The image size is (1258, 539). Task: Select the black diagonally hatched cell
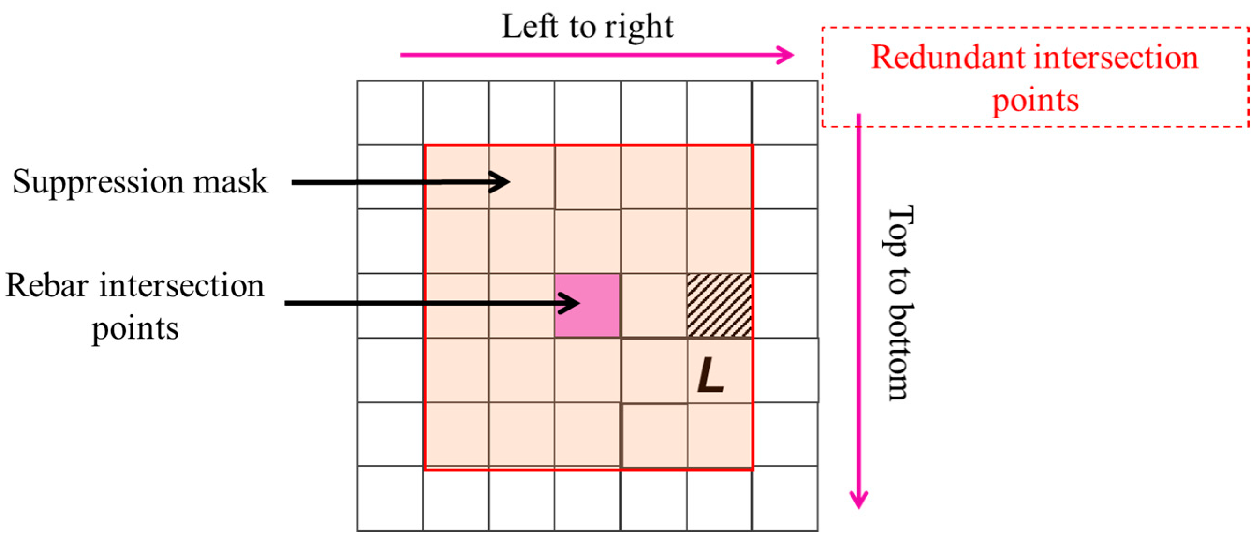(x=719, y=305)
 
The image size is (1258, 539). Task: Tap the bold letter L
(x=710, y=375)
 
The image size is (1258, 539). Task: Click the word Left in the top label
(x=529, y=26)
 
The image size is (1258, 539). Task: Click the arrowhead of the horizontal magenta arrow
(x=786, y=55)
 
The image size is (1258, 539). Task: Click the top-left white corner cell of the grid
(x=390, y=112)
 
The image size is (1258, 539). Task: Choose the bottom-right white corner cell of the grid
(x=785, y=498)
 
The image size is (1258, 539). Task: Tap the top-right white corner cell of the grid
(x=785, y=112)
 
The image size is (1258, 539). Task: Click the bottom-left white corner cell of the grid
(x=390, y=498)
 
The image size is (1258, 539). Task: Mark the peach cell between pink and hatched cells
(x=653, y=305)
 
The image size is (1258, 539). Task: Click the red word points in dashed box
(x=1036, y=101)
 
